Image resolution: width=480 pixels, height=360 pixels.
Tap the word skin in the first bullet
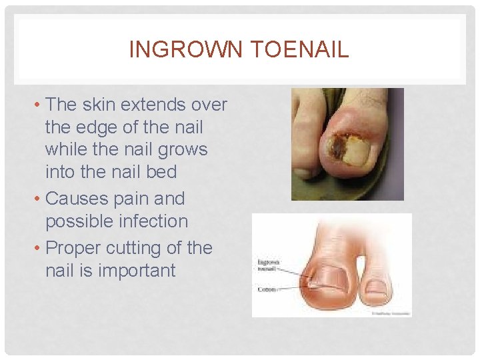(102, 105)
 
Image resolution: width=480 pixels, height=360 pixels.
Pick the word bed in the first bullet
(163, 172)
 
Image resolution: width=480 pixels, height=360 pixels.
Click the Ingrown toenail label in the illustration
(268, 267)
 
